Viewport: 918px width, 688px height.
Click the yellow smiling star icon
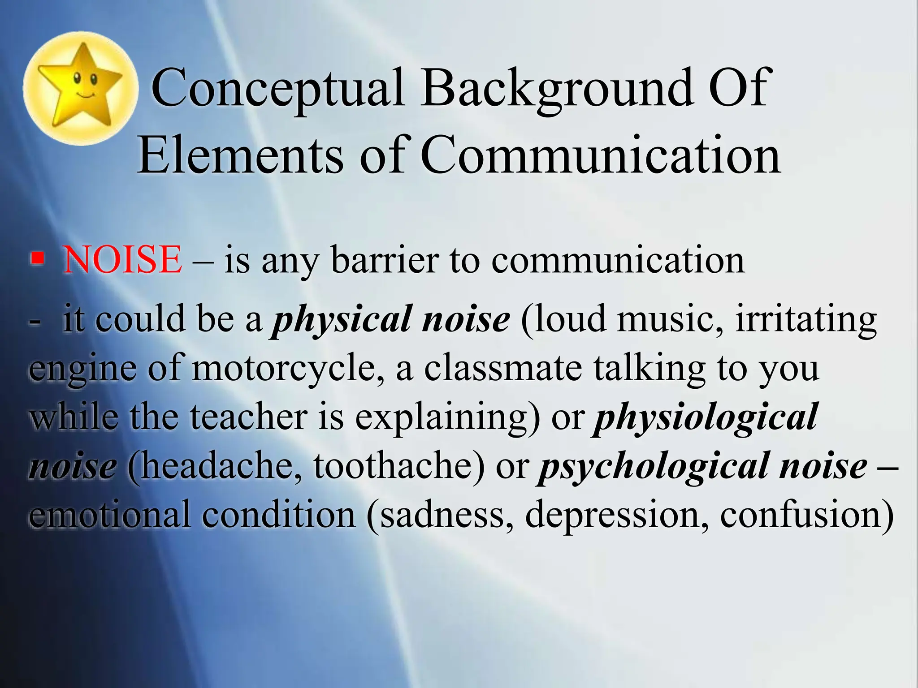[80, 88]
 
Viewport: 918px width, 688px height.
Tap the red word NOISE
[122, 260]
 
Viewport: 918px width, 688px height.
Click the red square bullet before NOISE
[38, 258]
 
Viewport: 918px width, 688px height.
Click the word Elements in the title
[240, 155]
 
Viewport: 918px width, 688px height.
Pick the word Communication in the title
[601, 155]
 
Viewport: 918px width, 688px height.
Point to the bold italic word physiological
[706, 417]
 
